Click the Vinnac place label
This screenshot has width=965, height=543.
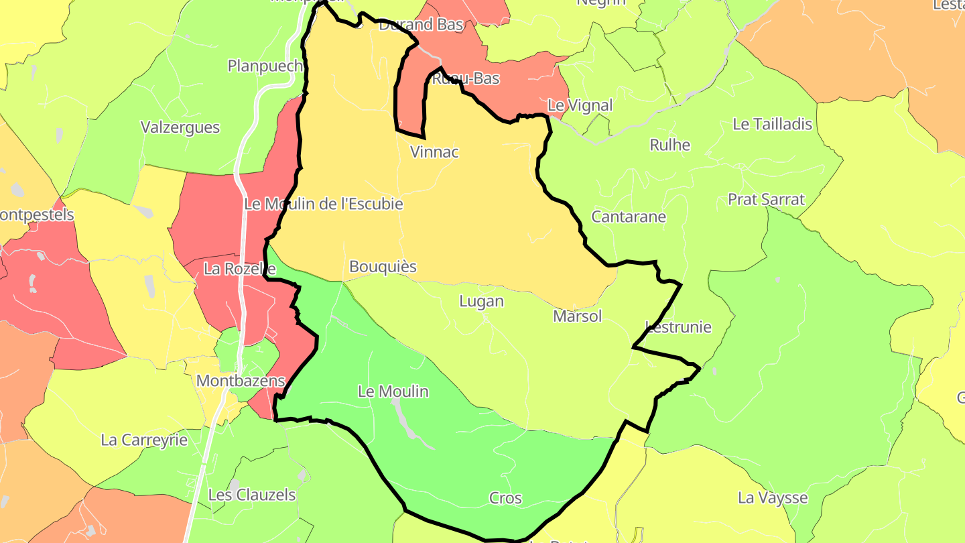tap(434, 152)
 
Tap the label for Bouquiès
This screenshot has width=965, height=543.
tap(383, 267)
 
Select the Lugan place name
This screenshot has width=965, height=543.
tap(481, 302)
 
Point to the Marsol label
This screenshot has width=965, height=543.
tap(578, 316)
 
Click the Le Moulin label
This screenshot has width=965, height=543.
tap(393, 391)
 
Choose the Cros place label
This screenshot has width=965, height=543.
tap(505, 498)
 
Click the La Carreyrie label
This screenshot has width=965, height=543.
tap(144, 440)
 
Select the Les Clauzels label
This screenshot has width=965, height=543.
tap(252, 495)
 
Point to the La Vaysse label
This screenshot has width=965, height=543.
tap(773, 498)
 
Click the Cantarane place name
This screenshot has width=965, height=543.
tap(629, 217)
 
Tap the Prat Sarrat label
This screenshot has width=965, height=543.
tap(766, 200)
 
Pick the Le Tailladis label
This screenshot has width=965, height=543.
tap(772, 124)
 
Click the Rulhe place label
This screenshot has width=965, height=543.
tap(670, 145)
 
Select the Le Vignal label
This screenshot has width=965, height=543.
tap(580, 105)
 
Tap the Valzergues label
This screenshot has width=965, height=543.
tap(180, 127)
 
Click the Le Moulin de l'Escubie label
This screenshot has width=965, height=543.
tap(324, 204)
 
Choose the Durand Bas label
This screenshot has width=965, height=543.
tap(422, 25)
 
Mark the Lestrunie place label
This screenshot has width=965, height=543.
tap(678, 327)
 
